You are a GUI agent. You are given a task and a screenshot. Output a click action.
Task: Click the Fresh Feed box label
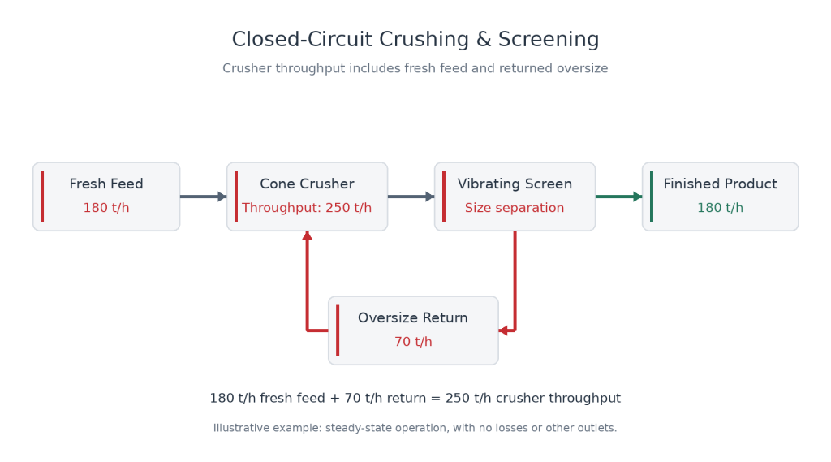[x=106, y=184]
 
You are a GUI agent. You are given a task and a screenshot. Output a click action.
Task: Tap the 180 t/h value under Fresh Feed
[x=106, y=207]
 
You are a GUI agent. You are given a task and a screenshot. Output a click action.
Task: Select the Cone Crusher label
[x=307, y=184]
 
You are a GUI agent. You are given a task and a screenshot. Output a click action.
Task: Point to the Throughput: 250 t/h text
[x=307, y=207]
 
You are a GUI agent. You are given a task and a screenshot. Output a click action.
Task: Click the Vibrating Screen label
[x=515, y=184]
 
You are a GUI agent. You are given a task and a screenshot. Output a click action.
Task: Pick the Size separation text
[x=515, y=207]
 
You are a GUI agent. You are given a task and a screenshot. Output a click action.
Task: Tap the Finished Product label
[x=721, y=184]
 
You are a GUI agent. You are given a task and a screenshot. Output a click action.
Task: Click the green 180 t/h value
[x=721, y=207]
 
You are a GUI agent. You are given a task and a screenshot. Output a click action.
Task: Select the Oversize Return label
[x=413, y=317]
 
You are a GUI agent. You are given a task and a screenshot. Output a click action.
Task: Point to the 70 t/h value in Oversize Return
[x=413, y=342]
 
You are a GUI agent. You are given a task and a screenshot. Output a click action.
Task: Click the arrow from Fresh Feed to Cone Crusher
[x=204, y=196]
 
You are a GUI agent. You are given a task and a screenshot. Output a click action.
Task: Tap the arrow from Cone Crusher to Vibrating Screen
[x=411, y=196]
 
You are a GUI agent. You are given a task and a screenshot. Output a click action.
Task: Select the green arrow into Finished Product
[x=619, y=196]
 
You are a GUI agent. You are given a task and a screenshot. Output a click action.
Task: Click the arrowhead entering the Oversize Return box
[x=503, y=331]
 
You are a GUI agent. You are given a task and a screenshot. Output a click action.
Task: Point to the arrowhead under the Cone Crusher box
[x=307, y=235]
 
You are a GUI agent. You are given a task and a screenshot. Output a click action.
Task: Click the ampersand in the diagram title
[x=484, y=39]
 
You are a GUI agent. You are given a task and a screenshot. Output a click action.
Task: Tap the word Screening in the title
[x=549, y=39]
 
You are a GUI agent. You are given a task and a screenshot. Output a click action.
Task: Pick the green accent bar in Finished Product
[x=652, y=196]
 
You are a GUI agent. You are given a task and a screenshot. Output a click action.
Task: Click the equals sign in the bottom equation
[x=436, y=399]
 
